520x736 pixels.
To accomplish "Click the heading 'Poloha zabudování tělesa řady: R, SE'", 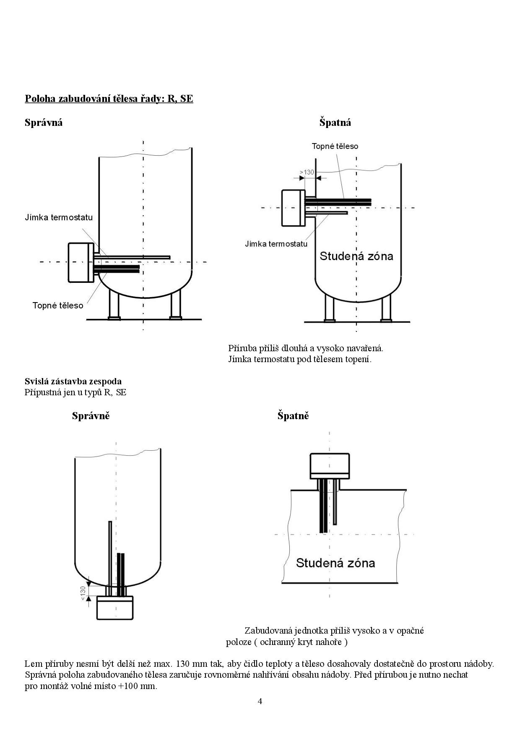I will pos(109,99).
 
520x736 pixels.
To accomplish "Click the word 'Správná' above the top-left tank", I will pos(44,123).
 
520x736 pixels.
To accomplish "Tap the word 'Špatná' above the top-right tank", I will pos(335,123).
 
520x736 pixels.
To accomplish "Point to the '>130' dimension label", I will pos(307,172).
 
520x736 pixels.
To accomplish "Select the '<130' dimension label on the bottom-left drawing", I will pos(83,591).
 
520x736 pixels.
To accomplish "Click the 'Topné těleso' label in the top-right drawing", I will pos(335,146).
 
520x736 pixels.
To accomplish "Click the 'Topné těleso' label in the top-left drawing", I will pos(58,305).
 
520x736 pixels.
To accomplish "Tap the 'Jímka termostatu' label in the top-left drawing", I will pos(59,217).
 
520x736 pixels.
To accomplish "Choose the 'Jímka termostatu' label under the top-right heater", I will pos(276,244).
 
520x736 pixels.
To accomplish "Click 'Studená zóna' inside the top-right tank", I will pos(356,256).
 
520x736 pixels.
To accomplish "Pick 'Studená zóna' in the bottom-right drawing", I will pos(335,563).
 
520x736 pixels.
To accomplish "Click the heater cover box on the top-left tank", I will pos(81,262).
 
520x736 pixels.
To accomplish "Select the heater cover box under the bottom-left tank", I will pos(115,608).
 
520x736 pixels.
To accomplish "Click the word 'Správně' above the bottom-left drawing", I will pos(91,416).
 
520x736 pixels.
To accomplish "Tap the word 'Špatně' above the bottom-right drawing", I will pos(293,416).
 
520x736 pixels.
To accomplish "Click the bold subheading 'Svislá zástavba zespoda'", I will pos(73,381).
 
